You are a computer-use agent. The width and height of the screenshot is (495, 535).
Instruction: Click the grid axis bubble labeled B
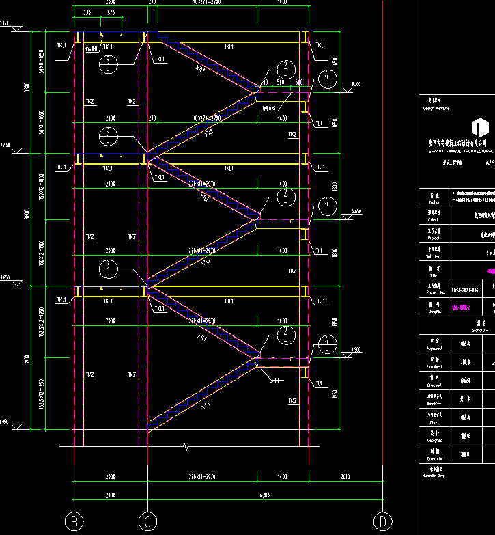[74, 522]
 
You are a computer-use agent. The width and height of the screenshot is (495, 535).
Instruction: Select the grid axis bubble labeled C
[147, 522]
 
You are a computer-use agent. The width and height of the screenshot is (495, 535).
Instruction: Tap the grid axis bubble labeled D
[383, 522]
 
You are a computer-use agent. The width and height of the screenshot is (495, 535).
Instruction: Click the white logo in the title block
[481, 126]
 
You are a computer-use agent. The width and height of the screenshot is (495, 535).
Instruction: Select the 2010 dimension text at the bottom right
[344, 476]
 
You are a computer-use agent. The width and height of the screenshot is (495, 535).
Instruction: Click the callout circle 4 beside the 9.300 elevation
[328, 76]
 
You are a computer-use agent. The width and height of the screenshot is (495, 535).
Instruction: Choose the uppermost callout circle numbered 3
[108, 65]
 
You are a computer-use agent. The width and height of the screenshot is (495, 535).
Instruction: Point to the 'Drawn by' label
[432, 459]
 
